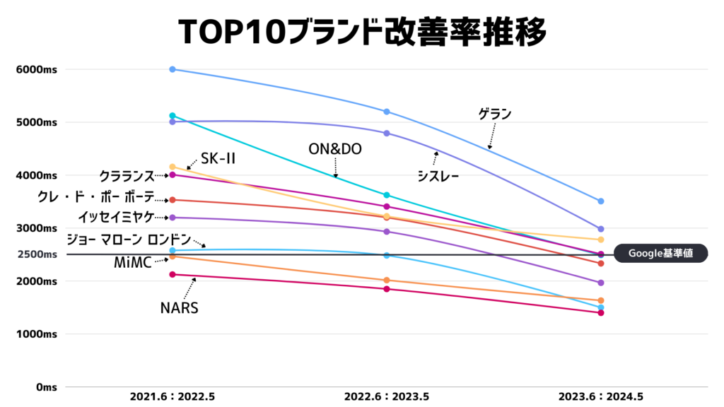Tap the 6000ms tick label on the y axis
(x=37, y=69)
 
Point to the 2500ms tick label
(x=37, y=254)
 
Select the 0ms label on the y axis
(x=47, y=387)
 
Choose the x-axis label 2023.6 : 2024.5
(x=600, y=397)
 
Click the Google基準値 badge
(x=660, y=254)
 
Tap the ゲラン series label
(x=494, y=113)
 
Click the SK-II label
(x=218, y=159)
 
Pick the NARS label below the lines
(x=178, y=308)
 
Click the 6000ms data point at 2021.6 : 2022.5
(x=173, y=69)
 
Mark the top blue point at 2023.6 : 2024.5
(x=600, y=201)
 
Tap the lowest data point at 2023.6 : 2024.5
(x=600, y=312)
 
